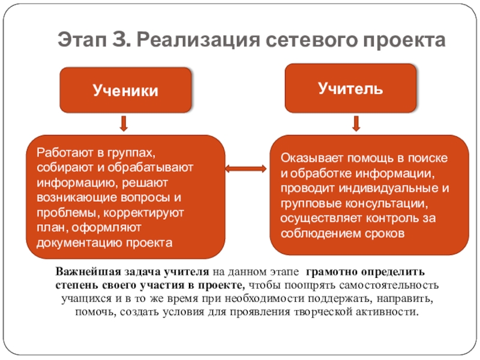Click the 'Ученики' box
coord(125,91)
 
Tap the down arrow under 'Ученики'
coord(124,124)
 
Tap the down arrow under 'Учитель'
coord(355,124)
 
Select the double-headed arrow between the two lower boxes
coord(246,169)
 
